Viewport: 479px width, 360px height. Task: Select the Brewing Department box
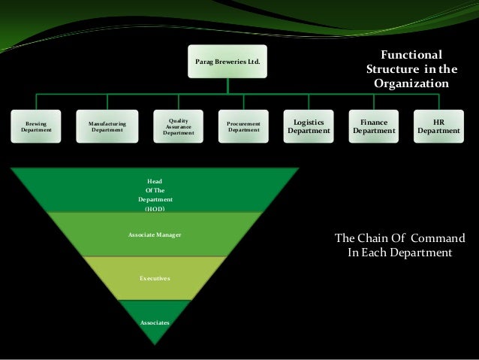pos(37,126)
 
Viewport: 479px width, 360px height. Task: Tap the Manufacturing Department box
pos(107,126)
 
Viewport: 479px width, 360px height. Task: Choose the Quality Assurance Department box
pos(178,126)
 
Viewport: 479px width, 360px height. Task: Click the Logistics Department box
pos(307,126)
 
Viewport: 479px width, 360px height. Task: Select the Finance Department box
pos(373,126)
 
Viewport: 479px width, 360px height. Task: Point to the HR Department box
pos(439,126)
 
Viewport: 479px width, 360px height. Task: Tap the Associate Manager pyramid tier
pos(155,235)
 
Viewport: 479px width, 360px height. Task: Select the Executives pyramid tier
pos(155,278)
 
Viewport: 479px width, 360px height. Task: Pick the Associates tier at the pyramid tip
pos(155,320)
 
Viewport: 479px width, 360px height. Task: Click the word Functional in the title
pos(411,55)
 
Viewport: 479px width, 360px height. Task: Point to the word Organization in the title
pos(411,83)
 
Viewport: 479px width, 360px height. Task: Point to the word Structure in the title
pos(395,69)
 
